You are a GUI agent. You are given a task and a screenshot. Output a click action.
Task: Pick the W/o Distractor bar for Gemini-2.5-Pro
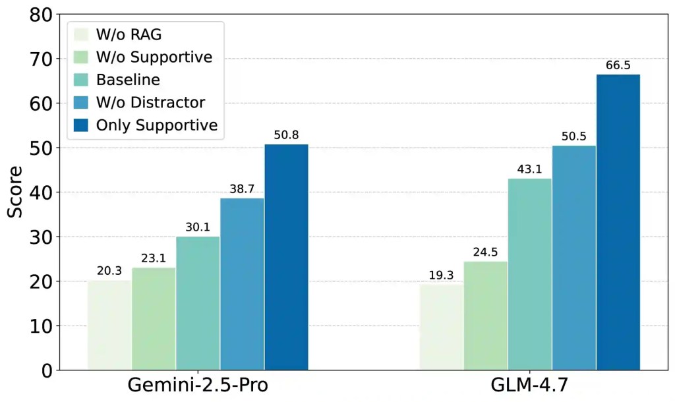click(x=242, y=284)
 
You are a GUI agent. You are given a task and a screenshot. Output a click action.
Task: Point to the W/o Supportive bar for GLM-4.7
click(x=486, y=316)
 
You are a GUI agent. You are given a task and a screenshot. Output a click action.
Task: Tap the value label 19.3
click(x=442, y=275)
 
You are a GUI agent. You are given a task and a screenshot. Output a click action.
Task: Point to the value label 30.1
click(x=198, y=229)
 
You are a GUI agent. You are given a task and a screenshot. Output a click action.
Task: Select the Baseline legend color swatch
click(x=81, y=80)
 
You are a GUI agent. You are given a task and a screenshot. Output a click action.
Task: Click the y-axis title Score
click(x=15, y=192)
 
